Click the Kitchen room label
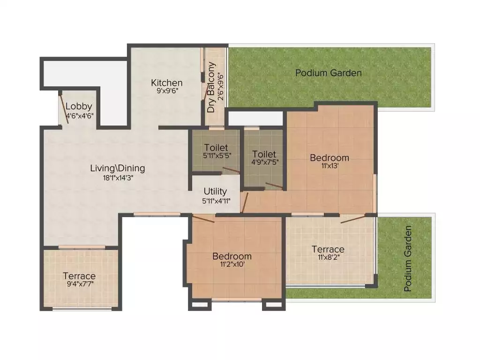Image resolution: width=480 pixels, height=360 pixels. point(166,82)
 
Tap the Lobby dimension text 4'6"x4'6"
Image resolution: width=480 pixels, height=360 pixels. point(80,116)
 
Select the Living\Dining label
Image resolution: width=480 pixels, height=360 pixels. point(118,168)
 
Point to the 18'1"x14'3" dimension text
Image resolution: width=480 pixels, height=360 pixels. point(118,178)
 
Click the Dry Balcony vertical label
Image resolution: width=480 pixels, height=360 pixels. point(211,87)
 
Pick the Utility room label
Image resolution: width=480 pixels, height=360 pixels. point(215,192)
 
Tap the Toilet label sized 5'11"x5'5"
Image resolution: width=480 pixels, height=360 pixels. point(216,147)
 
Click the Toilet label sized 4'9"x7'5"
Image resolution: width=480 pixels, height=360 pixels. point(264,154)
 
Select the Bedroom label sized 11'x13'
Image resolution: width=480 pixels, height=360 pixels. point(330,157)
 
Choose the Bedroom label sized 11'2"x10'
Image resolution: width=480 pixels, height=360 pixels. point(232,256)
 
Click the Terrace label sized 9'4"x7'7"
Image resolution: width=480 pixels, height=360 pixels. point(79,276)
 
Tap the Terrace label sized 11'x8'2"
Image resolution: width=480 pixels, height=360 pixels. point(328,249)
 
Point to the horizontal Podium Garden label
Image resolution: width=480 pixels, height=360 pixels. point(329,73)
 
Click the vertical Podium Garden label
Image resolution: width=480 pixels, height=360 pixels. point(408,259)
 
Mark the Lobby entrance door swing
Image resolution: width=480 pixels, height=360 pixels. point(64,107)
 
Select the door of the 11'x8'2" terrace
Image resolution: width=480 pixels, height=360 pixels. point(352,219)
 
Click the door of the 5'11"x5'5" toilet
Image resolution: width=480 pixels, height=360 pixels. point(231,170)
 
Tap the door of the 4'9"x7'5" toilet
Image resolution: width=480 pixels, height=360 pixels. point(274,186)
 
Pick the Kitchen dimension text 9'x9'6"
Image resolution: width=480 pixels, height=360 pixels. point(167,91)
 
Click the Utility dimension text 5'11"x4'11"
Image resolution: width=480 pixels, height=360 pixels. point(216,201)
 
